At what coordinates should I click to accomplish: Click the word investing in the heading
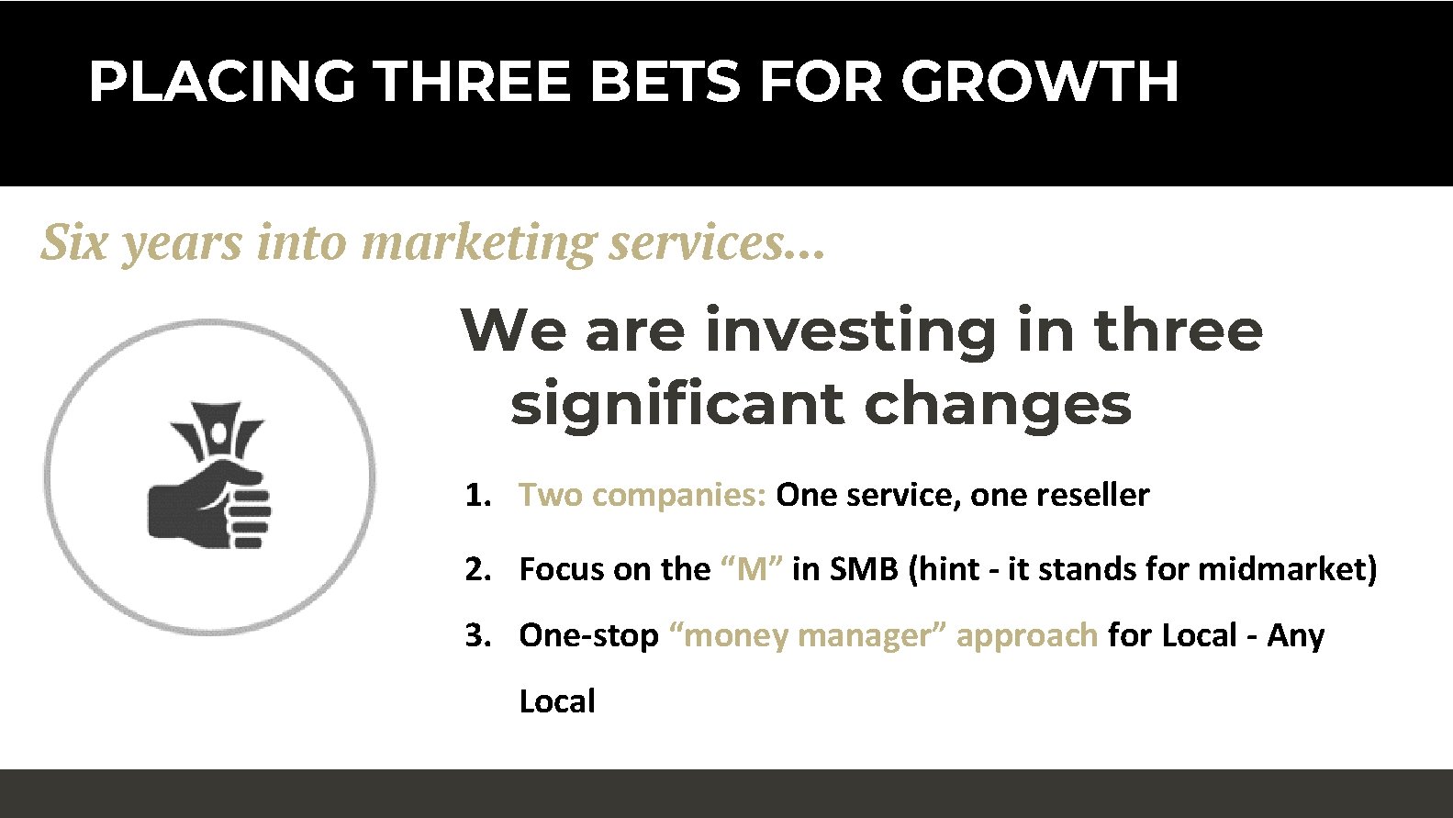pos(850,331)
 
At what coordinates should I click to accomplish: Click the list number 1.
pos(477,496)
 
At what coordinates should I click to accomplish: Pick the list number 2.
pos(477,570)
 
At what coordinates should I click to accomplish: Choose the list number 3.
pos(477,635)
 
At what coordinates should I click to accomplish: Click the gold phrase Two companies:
pos(643,496)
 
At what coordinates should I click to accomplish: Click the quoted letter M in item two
pos(752,570)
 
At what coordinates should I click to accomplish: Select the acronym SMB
pos(863,570)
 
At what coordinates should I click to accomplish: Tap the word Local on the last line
pos(556,701)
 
